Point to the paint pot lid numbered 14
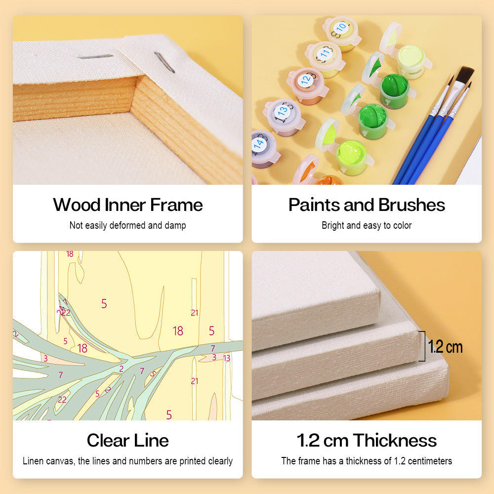pyautogui.click(x=260, y=144)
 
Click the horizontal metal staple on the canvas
pyautogui.click(x=95, y=56)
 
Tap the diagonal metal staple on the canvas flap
pyautogui.click(x=164, y=62)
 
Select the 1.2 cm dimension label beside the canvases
pyautogui.click(x=445, y=347)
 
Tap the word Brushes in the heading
pyautogui.click(x=412, y=205)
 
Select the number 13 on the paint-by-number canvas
pyautogui.click(x=227, y=358)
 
